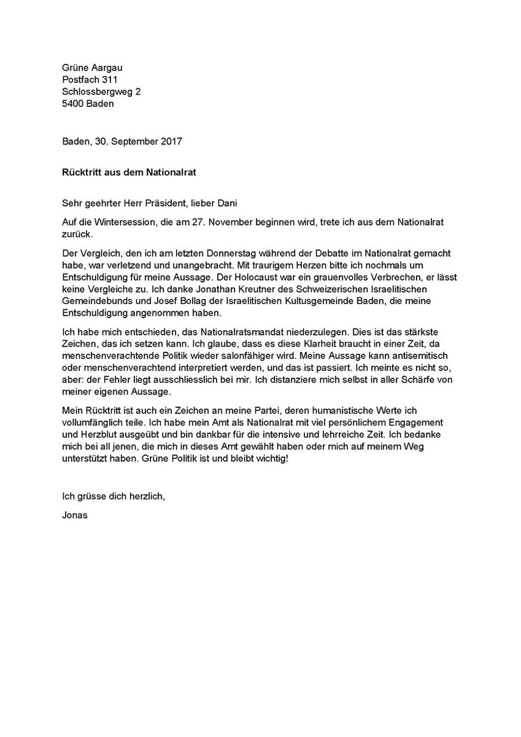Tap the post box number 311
(110, 79)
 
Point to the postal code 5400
(73, 103)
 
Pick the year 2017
(170, 142)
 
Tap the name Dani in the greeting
(225, 204)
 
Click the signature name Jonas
(75, 514)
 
